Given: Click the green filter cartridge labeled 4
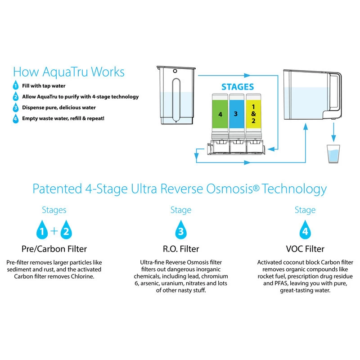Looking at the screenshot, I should (x=220, y=114).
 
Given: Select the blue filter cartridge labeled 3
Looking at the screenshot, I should (x=237, y=114).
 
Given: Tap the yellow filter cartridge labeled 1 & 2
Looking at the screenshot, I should (x=253, y=114).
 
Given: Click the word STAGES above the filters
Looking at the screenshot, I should (x=238, y=87).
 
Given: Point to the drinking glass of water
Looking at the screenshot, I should (x=333, y=155).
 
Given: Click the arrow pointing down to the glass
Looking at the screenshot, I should (x=333, y=133).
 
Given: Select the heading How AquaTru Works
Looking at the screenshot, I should (x=69, y=72).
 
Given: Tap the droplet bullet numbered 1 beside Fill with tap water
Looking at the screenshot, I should (x=16, y=86).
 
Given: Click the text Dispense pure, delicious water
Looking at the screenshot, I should (x=59, y=108).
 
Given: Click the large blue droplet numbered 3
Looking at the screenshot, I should (x=180, y=231).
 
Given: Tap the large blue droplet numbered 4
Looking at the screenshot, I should (x=305, y=231).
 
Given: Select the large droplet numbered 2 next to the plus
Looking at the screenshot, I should (x=66, y=231).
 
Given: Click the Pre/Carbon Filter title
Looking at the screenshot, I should (x=54, y=248).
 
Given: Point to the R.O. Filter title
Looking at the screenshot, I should (x=180, y=248).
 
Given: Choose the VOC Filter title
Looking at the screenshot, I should (x=305, y=248).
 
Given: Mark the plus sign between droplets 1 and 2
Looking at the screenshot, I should (x=54, y=231).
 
